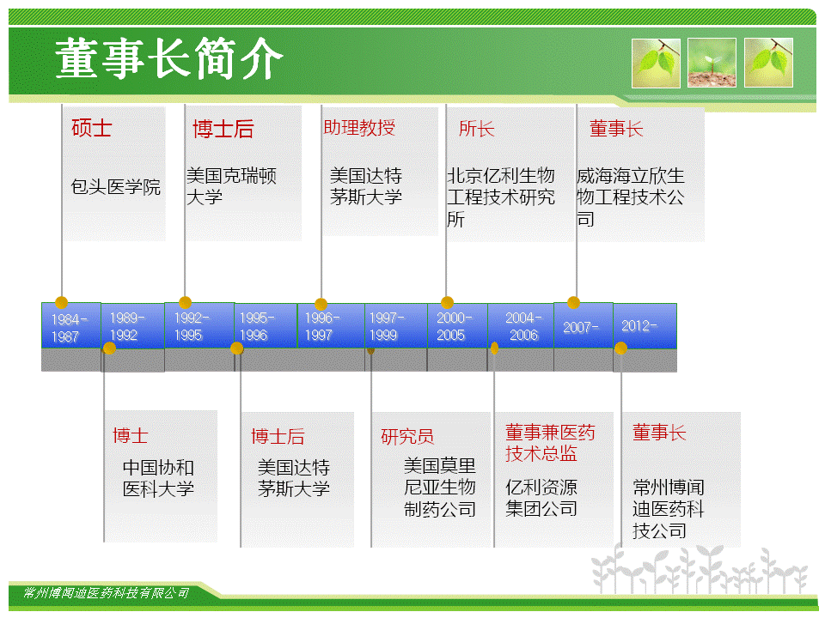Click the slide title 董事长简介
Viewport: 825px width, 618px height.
click(168, 58)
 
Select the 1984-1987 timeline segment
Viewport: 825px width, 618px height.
click(71, 325)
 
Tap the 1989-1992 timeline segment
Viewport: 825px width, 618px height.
click(132, 326)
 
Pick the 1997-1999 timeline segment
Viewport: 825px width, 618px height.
click(395, 326)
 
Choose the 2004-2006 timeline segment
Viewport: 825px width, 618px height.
click(521, 326)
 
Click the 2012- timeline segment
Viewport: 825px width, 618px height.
click(645, 326)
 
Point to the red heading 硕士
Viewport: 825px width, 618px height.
click(92, 128)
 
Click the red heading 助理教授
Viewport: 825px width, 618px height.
click(359, 127)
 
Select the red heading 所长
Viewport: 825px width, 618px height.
click(477, 128)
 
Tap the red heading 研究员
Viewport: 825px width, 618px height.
click(407, 436)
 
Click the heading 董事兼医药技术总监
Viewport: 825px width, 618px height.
click(550, 443)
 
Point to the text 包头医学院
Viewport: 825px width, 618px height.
click(116, 186)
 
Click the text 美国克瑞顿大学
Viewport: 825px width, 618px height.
click(231, 186)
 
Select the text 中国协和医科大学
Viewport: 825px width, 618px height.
click(158, 478)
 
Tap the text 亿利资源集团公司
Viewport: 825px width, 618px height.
click(541, 498)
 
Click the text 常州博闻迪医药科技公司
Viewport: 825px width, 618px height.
click(669, 509)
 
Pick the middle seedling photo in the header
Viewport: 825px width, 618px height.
click(712, 63)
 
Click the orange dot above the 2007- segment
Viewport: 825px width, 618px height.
click(573, 303)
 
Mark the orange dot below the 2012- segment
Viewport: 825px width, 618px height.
click(620, 348)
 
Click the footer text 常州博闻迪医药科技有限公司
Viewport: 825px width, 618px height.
click(106, 593)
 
